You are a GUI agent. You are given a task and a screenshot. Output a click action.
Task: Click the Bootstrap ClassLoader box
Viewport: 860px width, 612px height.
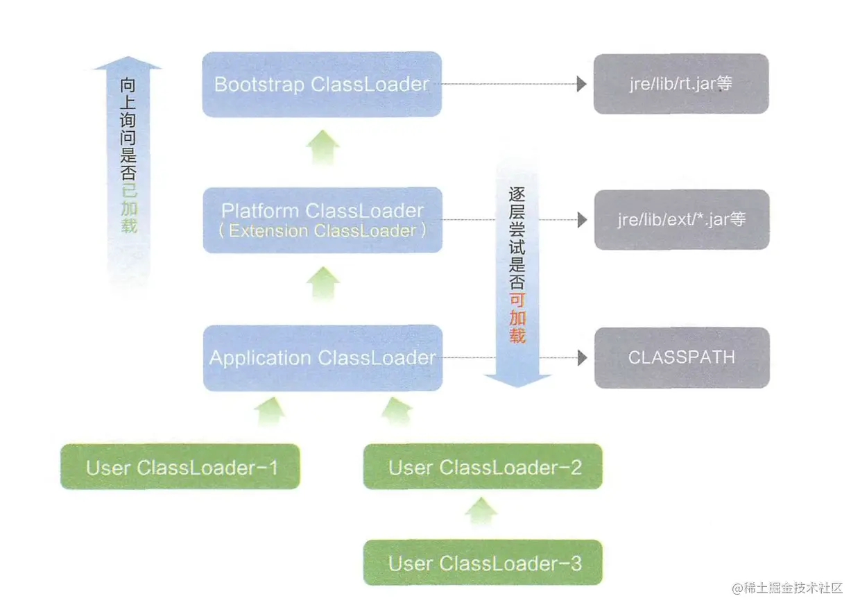(x=322, y=84)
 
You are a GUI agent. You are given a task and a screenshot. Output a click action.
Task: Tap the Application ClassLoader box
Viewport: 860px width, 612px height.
(x=322, y=358)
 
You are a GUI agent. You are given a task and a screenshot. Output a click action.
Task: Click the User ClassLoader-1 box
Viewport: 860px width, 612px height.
(x=180, y=467)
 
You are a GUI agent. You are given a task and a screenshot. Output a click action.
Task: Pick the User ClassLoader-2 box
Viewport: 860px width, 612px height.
(x=483, y=467)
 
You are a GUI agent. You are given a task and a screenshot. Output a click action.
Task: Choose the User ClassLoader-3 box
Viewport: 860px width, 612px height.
(x=483, y=563)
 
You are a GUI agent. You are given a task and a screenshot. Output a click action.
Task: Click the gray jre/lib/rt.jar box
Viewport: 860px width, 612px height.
(x=680, y=84)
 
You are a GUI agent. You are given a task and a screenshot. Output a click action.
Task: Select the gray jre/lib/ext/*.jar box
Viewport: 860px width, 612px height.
(x=681, y=219)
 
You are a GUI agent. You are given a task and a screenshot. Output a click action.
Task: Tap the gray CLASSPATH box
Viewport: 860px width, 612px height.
(x=681, y=357)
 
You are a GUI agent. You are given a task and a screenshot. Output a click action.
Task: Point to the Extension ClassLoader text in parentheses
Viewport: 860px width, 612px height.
(x=322, y=231)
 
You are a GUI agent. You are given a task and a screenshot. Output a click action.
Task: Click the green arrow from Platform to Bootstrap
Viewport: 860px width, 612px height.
(x=322, y=147)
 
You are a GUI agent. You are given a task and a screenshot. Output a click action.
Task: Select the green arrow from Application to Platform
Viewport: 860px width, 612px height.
(x=322, y=283)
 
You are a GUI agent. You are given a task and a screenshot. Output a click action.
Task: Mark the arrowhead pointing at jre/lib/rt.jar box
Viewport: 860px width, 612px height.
(x=582, y=84)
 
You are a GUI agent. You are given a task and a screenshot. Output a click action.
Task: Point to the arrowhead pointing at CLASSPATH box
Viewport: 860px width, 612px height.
(x=582, y=358)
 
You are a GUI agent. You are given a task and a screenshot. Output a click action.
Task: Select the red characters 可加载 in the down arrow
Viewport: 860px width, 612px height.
(x=517, y=318)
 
